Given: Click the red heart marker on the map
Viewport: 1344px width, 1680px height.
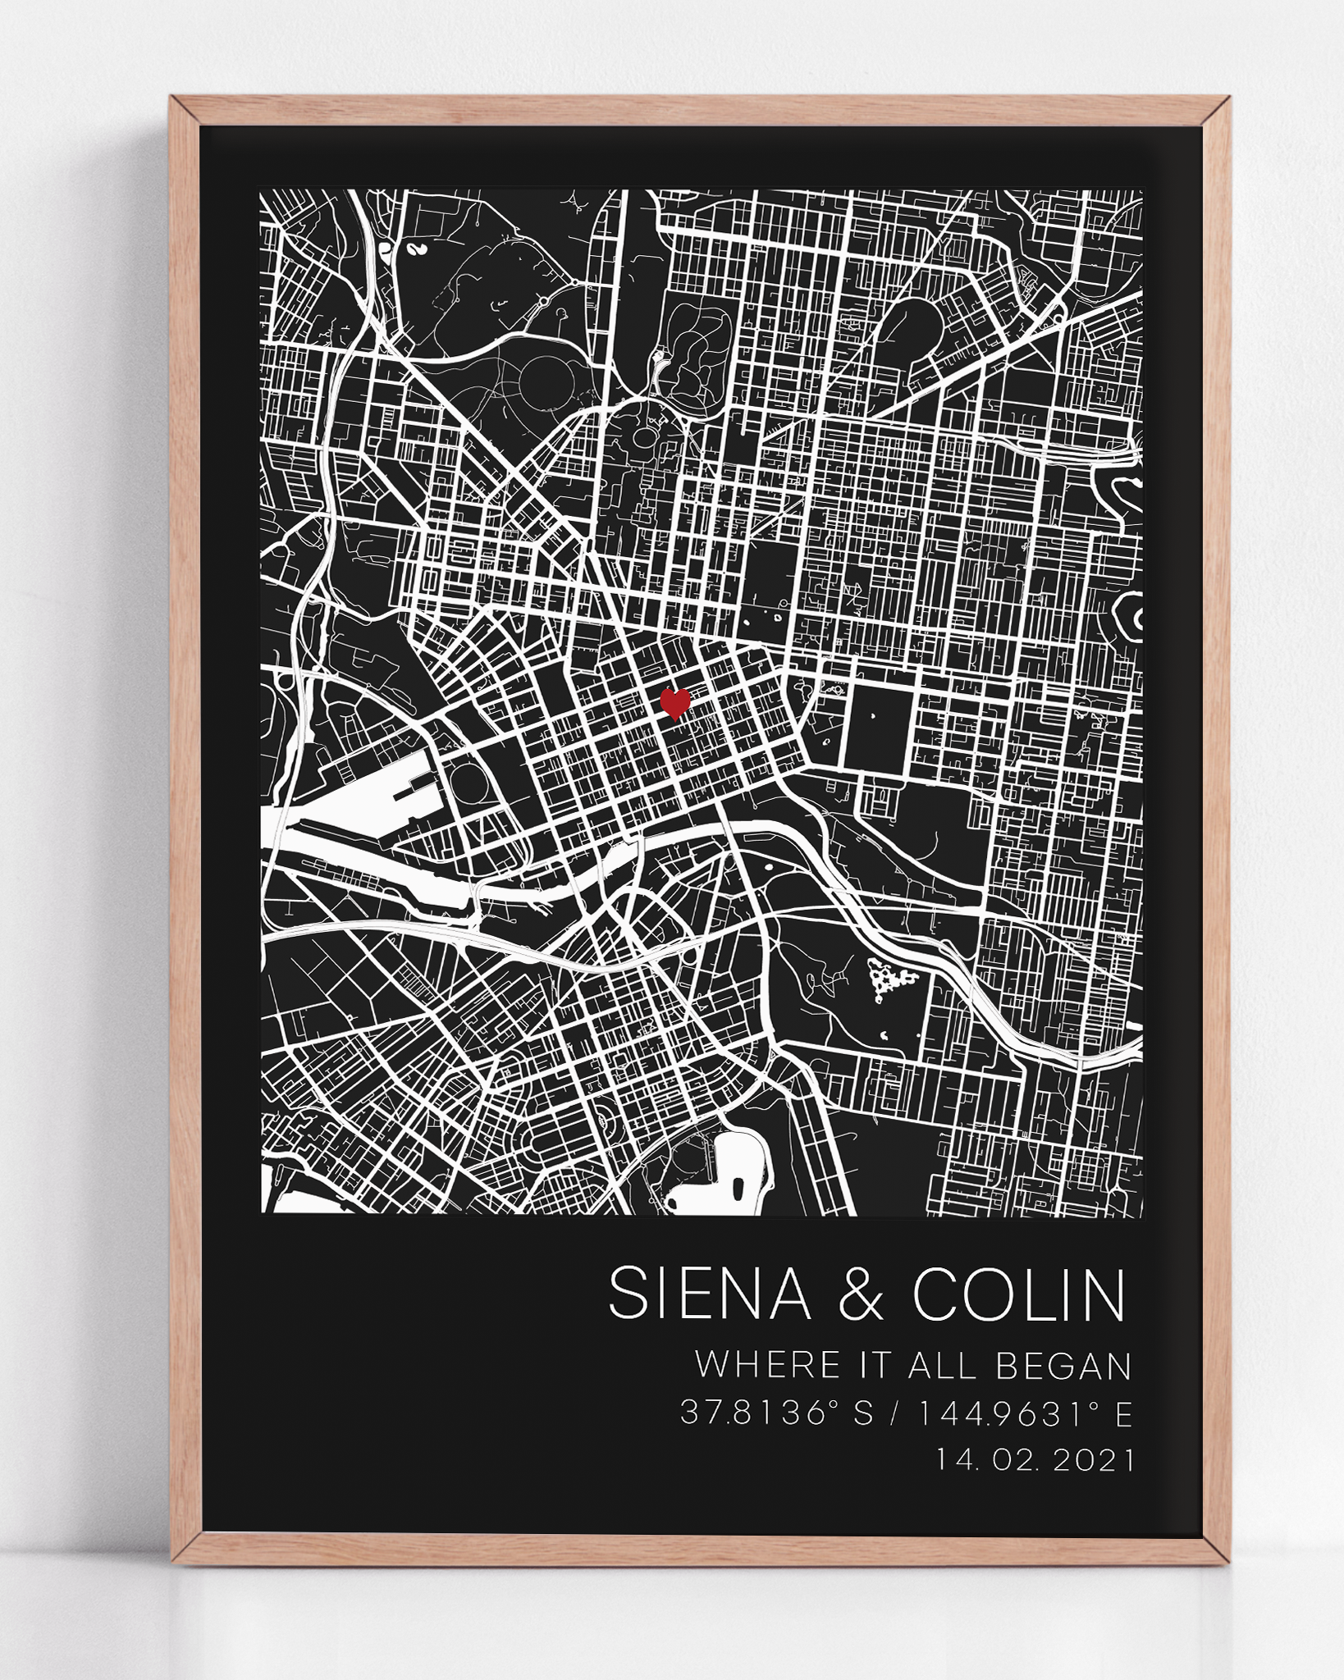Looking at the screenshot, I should click(674, 704).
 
